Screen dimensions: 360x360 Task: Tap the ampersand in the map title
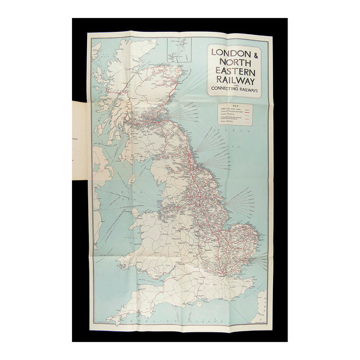click(x=253, y=52)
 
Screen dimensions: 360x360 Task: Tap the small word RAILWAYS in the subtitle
click(x=248, y=91)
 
